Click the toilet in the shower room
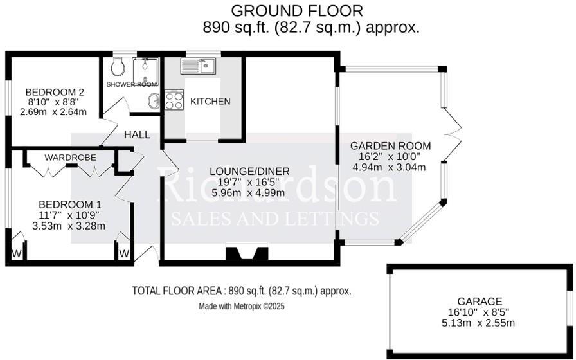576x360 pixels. pyautogui.click(x=118, y=66)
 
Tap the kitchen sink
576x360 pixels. pyautogui.click(x=201, y=66)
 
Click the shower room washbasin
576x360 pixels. pyautogui.click(x=153, y=101)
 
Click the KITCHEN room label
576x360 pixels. pyautogui.click(x=210, y=102)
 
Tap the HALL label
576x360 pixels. pyautogui.click(x=137, y=134)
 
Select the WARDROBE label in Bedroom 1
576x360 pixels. pyautogui.click(x=71, y=157)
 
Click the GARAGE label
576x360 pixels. pyautogui.click(x=480, y=301)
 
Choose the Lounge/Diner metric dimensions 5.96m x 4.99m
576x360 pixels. pyautogui.click(x=250, y=192)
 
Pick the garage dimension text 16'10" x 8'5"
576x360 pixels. pyautogui.click(x=480, y=312)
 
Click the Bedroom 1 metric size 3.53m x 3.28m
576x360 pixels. pyautogui.click(x=69, y=225)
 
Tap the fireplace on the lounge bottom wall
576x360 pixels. pyautogui.click(x=247, y=255)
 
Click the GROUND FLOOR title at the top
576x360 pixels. pyautogui.click(x=296, y=10)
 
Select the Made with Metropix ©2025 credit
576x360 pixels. pyautogui.click(x=241, y=307)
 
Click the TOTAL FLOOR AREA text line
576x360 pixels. pyautogui.click(x=241, y=291)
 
